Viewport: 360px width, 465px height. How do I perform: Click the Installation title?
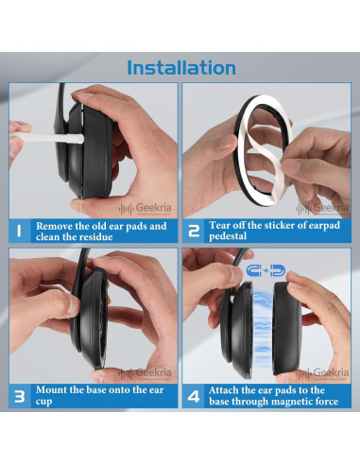(x=181, y=67)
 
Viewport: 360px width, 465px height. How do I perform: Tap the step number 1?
(x=19, y=231)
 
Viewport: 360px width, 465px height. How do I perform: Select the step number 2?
(x=194, y=231)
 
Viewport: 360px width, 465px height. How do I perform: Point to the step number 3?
(x=20, y=396)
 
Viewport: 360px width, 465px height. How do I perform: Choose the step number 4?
(x=194, y=396)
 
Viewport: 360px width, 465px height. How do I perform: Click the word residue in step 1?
(x=95, y=237)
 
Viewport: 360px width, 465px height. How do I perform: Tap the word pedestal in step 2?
(x=228, y=236)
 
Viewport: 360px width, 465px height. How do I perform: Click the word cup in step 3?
(x=43, y=403)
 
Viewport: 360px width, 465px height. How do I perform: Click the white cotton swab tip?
(x=76, y=139)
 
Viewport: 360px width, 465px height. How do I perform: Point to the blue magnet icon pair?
(x=266, y=270)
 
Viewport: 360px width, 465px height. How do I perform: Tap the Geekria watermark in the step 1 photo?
(x=146, y=208)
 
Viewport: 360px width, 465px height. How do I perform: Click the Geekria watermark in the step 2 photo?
(x=322, y=208)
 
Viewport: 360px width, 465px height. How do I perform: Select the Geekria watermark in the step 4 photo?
(x=322, y=373)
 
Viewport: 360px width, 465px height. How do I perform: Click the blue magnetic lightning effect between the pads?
(x=262, y=328)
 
